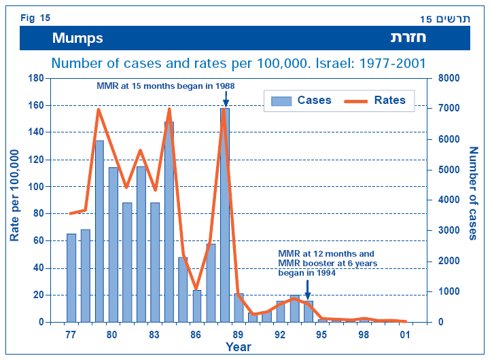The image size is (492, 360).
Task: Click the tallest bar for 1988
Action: click(225, 214)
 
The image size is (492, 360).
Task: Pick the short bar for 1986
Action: click(196, 306)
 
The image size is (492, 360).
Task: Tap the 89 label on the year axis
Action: click(239, 334)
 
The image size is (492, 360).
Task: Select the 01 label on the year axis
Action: click(406, 334)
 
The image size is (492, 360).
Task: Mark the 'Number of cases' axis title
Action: click(473, 194)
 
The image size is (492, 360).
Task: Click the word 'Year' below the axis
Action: click(239, 347)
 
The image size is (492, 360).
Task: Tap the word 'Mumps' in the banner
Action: click(77, 38)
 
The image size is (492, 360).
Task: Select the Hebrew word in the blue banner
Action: click(408, 38)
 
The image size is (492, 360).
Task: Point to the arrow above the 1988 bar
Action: click(225, 98)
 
